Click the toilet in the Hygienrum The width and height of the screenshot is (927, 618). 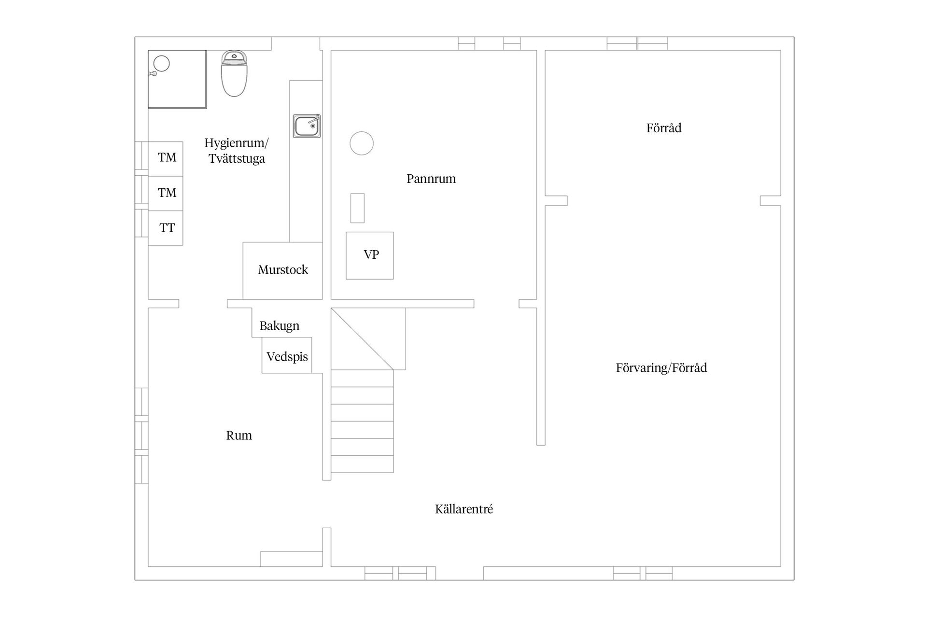(x=234, y=74)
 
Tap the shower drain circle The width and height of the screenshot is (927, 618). (x=162, y=63)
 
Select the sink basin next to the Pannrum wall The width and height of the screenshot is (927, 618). (x=307, y=126)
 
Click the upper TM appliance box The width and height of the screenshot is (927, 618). (x=166, y=158)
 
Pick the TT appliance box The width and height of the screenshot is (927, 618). (x=166, y=228)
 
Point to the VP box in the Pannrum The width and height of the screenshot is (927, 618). (x=370, y=255)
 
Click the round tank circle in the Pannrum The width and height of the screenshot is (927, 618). (x=362, y=143)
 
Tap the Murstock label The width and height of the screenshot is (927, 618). (x=283, y=269)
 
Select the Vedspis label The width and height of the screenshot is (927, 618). (x=287, y=357)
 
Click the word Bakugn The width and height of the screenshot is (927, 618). (x=280, y=326)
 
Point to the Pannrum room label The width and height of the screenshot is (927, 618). (x=431, y=179)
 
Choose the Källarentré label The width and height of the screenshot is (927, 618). (x=464, y=509)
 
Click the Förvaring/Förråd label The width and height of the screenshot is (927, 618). (x=661, y=368)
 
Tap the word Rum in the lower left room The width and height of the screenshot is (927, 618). (x=239, y=435)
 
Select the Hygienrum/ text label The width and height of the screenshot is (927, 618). (x=237, y=143)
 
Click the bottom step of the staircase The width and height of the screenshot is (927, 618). (x=362, y=464)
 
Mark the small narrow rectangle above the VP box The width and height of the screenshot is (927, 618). (x=357, y=208)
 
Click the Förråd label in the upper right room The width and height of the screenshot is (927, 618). (x=664, y=128)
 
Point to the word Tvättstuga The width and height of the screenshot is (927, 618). (x=237, y=159)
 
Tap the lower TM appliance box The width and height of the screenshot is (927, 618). (x=166, y=193)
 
